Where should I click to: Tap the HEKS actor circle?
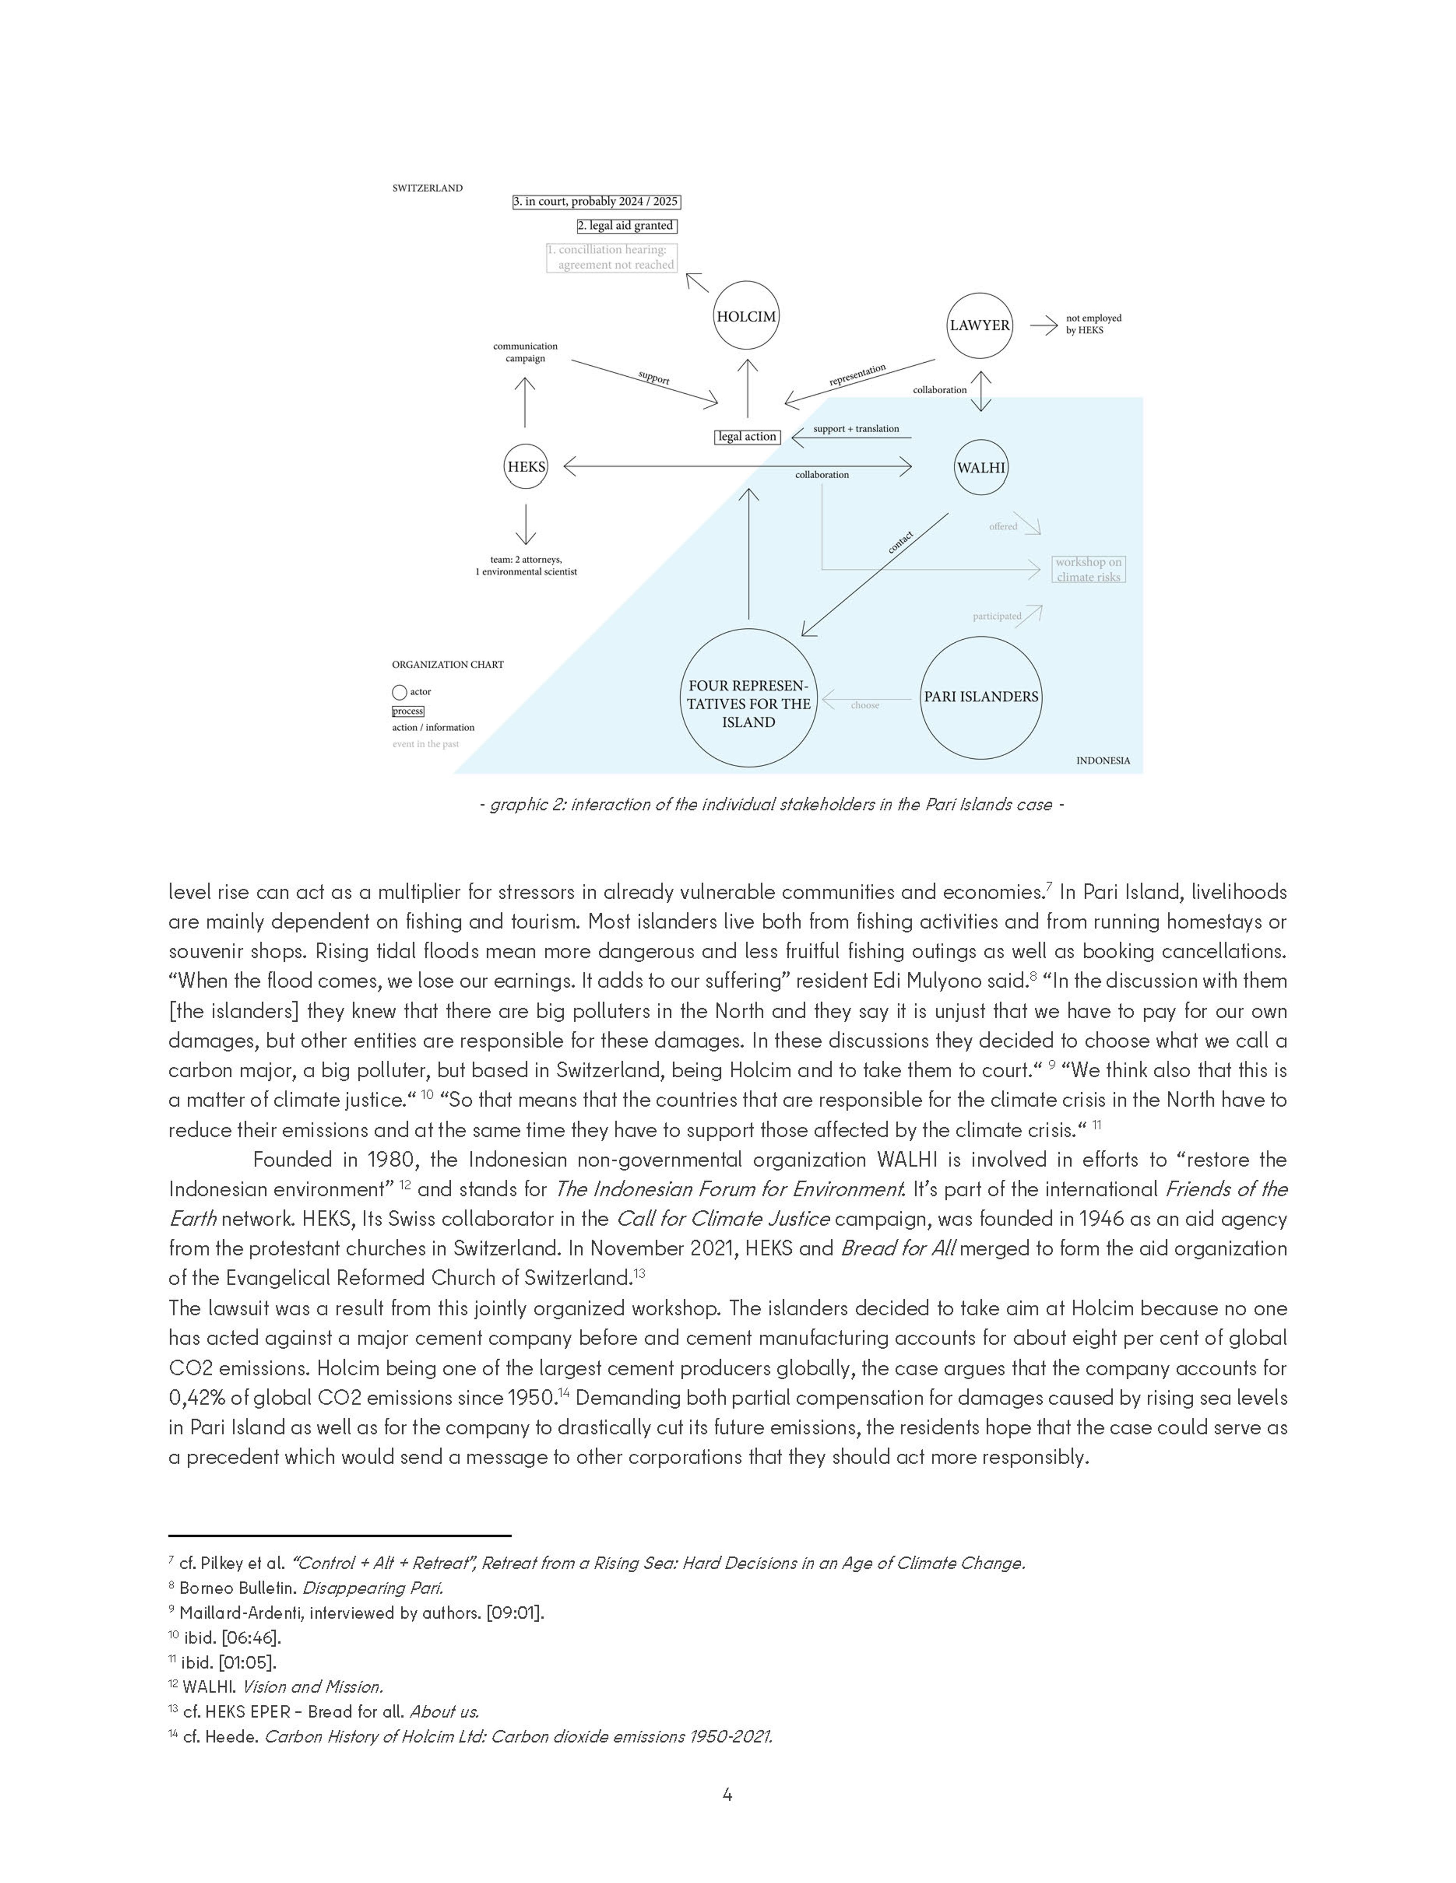(526, 466)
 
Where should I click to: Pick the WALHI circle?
(981, 468)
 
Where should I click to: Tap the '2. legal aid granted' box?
(626, 226)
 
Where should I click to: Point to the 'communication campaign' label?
(525, 352)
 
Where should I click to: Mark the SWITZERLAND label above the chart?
(427, 188)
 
